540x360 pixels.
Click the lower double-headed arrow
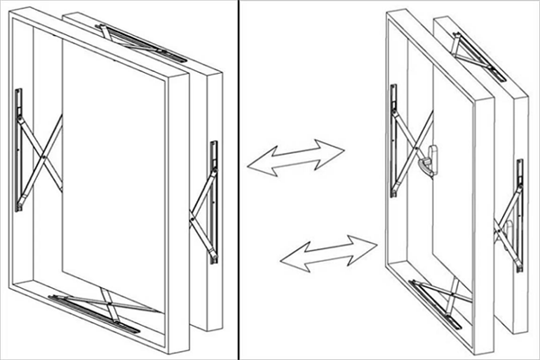click(328, 250)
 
